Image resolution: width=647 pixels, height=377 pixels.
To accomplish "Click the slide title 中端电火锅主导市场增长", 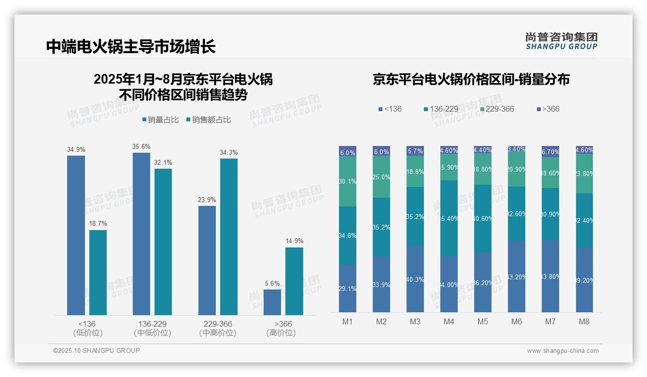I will click(x=130, y=46).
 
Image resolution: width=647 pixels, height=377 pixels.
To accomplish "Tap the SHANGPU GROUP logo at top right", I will click(x=561, y=41).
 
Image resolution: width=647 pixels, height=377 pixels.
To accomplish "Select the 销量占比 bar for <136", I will click(x=76, y=235).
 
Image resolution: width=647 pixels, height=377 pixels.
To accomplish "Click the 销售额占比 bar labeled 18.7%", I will click(x=98, y=273).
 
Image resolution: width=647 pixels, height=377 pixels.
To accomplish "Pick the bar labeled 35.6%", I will click(x=141, y=234).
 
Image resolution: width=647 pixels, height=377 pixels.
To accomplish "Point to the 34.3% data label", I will click(x=229, y=152).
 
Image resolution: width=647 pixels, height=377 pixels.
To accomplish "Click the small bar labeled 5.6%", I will click(x=272, y=302).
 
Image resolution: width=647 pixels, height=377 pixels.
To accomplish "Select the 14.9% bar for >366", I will click(x=294, y=281).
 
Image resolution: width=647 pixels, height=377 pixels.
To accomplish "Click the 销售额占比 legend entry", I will click(x=208, y=120).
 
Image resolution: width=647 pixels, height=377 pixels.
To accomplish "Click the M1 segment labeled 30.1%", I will click(x=348, y=181).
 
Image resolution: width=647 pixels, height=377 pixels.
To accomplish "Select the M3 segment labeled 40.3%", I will click(x=415, y=278).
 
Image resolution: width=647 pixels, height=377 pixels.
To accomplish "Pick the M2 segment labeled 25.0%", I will click(x=381, y=177).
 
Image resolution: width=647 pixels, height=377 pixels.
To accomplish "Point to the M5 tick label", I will click(x=483, y=321).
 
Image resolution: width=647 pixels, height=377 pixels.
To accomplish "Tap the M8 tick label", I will click(x=584, y=321).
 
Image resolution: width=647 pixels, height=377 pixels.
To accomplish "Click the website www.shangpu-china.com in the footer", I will click(x=563, y=351).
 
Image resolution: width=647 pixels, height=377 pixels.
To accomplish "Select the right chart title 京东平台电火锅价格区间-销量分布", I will click(x=471, y=80).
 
